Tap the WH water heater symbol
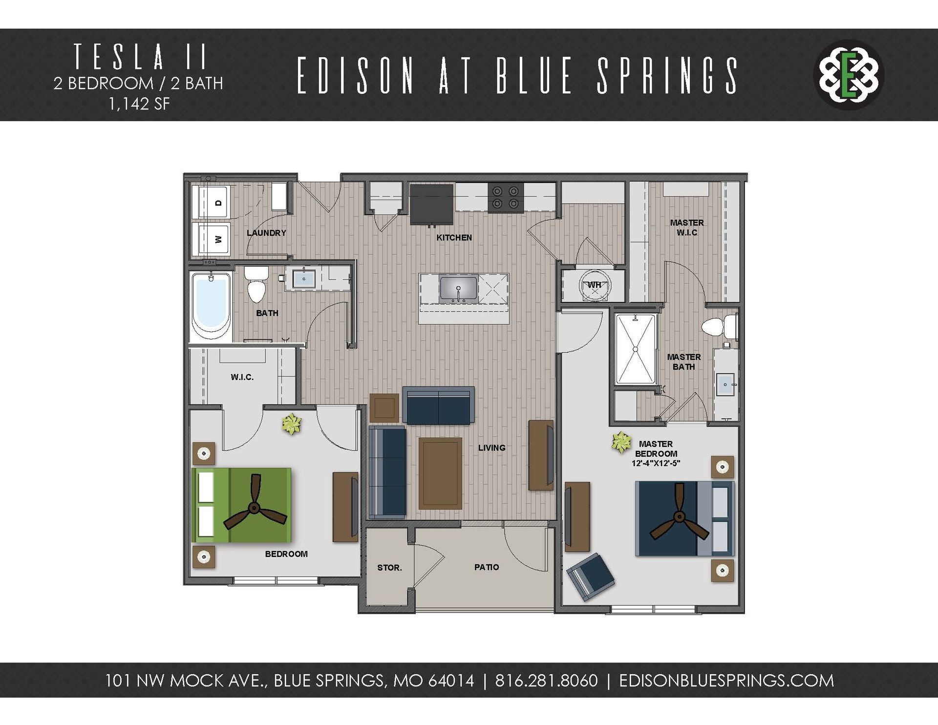tap(594, 285)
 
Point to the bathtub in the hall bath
tap(211, 306)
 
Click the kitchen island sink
tap(458, 288)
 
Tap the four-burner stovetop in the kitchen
tap(505, 197)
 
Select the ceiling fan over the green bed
tap(254, 508)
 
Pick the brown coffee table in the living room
tap(440, 473)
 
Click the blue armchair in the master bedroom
tap(590, 576)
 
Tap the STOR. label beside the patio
tap(389, 568)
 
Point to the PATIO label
tap(487, 567)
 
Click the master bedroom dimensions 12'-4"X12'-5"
tap(656, 463)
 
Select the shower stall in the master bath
tap(635, 349)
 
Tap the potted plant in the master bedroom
tap(621, 442)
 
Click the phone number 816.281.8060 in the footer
tap(546, 681)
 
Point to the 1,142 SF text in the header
tap(139, 104)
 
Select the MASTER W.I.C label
tap(686, 228)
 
